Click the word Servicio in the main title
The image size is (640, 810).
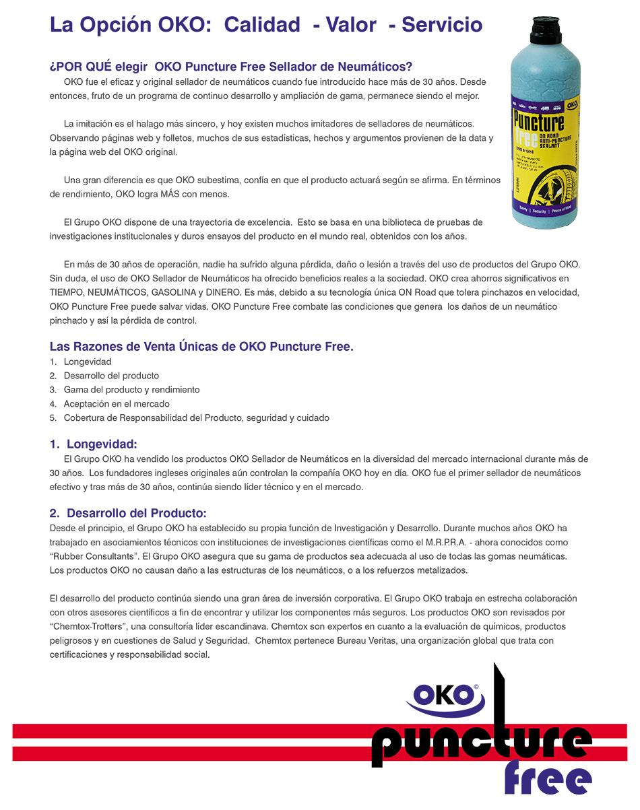click(442, 25)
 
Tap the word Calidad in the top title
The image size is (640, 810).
click(262, 25)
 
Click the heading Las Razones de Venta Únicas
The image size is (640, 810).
click(201, 347)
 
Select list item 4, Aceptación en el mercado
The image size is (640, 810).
click(116, 404)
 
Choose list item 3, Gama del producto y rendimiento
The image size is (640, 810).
click(131, 390)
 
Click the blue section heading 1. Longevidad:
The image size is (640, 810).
click(94, 444)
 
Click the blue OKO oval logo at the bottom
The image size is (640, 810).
click(445, 696)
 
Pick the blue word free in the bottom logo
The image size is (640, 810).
click(547, 780)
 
